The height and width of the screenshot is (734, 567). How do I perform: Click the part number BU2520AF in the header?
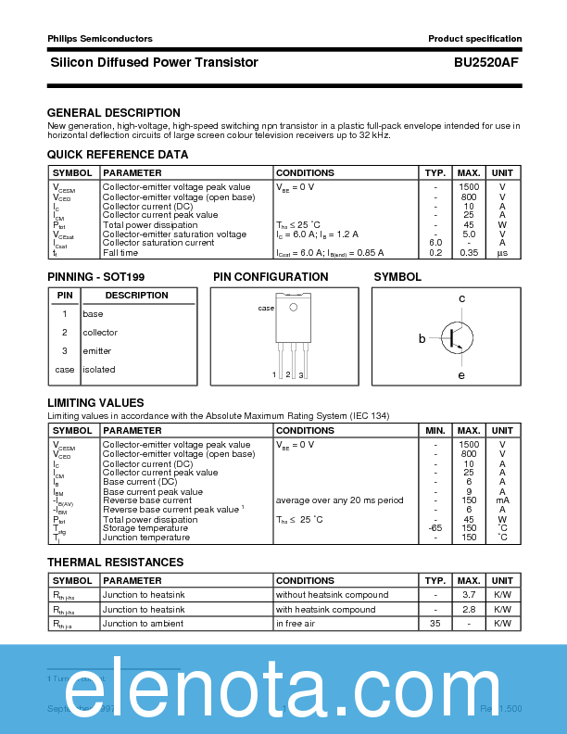point(486,63)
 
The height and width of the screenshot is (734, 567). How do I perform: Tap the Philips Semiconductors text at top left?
point(99,39)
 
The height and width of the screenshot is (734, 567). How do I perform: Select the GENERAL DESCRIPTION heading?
point(114,113)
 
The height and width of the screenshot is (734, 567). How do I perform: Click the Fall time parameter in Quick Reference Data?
point(121,252)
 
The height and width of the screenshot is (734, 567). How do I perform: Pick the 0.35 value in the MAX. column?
point(469,252)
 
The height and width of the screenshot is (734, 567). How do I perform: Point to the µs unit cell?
point(502,252)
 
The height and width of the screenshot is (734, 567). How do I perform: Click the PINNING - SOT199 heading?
point(96,277)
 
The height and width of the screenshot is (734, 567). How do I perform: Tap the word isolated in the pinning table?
point(99,370)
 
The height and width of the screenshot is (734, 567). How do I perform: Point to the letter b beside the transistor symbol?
point(422,339)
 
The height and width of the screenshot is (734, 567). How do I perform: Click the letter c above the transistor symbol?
point(461,298)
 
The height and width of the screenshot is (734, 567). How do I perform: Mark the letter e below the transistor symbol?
point(461,375)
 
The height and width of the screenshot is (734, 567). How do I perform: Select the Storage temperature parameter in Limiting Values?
point(146,528)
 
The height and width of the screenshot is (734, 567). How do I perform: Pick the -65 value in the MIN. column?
point(435,528)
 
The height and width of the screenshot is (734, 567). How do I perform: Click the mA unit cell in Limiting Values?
point(502,500)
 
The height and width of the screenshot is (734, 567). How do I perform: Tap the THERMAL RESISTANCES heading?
point(116,563)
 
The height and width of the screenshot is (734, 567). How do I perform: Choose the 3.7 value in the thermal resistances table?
point(469,595)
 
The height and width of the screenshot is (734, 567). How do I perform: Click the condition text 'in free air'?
point(298,624)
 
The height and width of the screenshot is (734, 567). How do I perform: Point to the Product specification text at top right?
point(474,39)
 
